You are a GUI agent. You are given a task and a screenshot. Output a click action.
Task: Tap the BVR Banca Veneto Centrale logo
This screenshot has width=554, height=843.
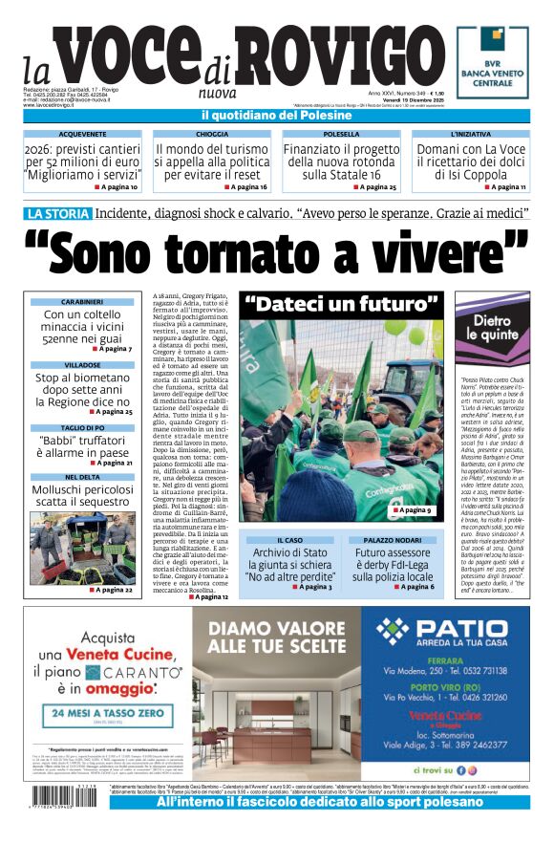(492, 62)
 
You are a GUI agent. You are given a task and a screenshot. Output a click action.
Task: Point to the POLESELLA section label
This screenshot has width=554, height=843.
(341, 135)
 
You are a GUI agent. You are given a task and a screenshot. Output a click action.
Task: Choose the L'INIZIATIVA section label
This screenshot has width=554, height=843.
(470, 135)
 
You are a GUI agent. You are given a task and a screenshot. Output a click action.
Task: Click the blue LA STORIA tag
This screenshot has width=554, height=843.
(58, 213)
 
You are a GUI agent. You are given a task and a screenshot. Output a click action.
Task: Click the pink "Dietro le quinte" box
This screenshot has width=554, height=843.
(493, 329)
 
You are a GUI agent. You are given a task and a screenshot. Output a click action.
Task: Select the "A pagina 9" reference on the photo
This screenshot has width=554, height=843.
(414, 511)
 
